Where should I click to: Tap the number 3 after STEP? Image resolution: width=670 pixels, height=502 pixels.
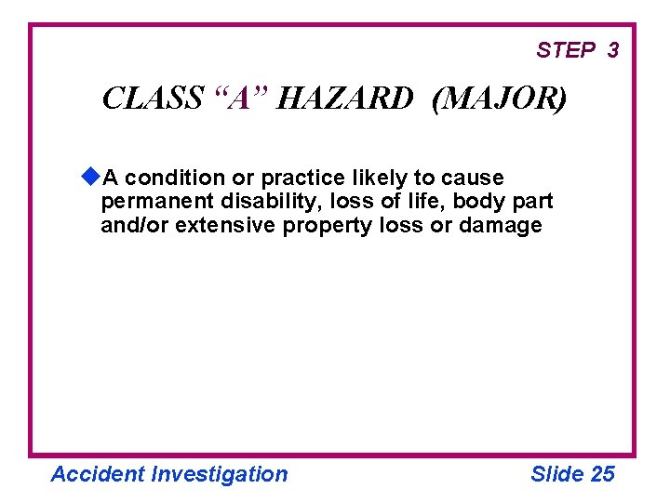[612, 50]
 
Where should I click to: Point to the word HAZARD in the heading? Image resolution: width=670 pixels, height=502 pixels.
[343, 98]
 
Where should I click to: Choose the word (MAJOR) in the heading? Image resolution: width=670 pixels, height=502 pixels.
[498, 98]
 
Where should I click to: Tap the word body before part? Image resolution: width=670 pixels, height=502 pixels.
[479, 201]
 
